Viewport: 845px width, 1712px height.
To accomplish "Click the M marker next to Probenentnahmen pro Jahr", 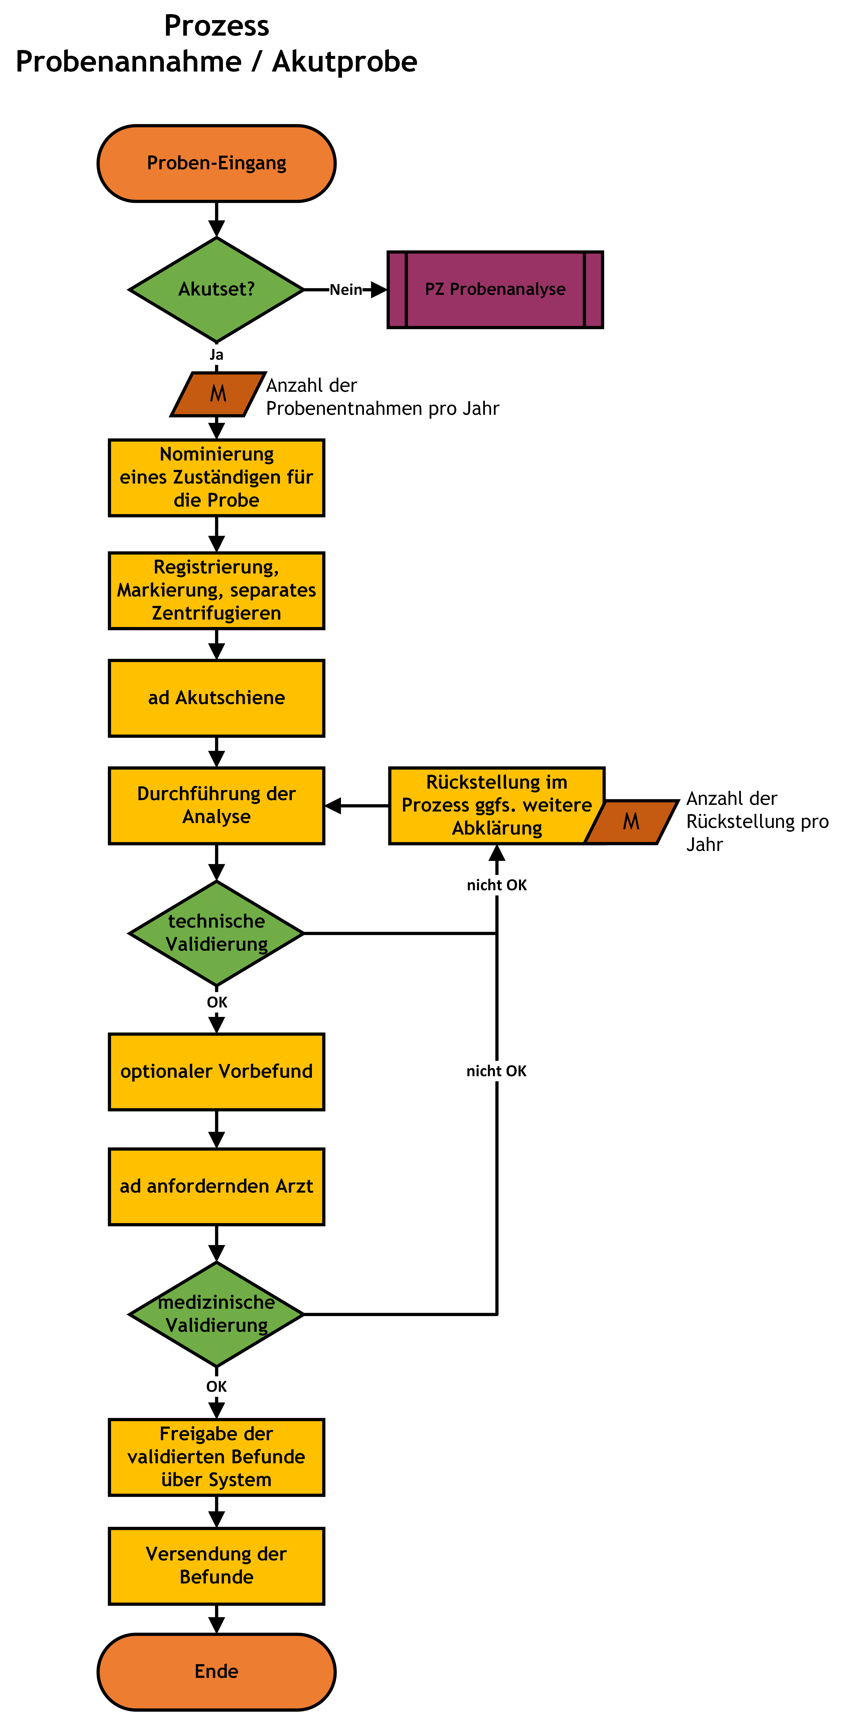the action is click(x=218, y=394).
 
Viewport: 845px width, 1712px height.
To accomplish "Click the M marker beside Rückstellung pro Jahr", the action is click(x=631, y=822).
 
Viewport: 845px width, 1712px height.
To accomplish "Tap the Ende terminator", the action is click(x=217, y=1672).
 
